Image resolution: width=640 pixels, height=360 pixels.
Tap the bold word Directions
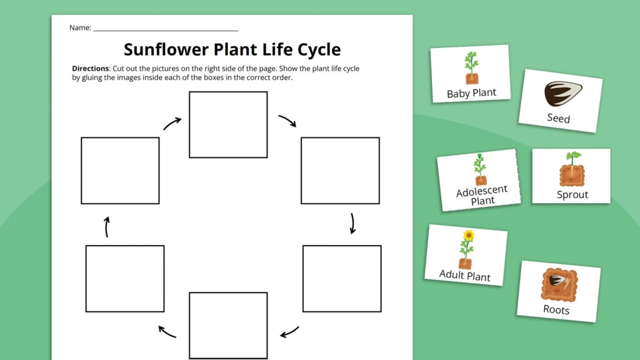click(x=91, y=69)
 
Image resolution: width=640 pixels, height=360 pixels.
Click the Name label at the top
click(x=80, y=27)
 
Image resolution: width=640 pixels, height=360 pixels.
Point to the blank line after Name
click(x=166, y=29)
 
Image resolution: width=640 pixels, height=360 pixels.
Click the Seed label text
click(x=558, y=117)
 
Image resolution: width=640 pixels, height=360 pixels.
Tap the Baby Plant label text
click(x=471, y=93)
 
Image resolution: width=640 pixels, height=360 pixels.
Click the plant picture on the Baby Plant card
click(x=471, y=67)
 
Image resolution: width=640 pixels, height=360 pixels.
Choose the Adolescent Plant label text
click(x=482, y=195)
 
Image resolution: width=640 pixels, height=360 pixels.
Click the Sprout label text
click(x=572, y=194)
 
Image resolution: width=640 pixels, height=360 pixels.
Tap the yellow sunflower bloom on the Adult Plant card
click(x=468, y=236)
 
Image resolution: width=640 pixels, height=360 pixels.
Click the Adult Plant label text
click(x=464, y=274)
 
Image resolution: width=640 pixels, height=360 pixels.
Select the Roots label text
click(x=556, y=309)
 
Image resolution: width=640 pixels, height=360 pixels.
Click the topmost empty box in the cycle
click(x=228, y=124)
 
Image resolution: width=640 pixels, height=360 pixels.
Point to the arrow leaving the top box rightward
click(x=287, y=121)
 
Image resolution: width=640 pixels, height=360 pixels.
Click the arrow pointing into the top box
click(x=172, y=123)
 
